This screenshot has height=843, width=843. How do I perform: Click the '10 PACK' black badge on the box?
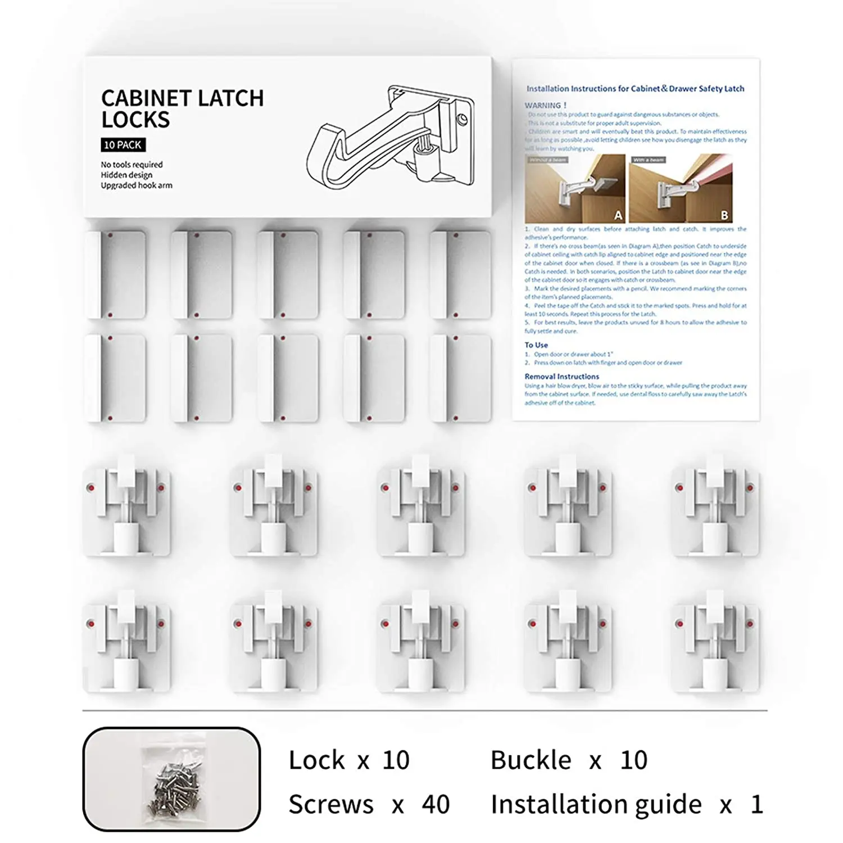[123, 145]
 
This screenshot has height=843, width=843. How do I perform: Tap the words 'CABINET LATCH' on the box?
[182, 98]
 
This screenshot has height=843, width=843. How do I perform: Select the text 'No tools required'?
[132, 165]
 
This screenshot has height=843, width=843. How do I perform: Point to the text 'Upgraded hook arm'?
[137, 185]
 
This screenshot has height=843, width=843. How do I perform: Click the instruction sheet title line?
[635, 89]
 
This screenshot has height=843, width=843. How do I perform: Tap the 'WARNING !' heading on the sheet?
[546, 105]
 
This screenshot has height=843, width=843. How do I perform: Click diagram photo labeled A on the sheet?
[575, 189]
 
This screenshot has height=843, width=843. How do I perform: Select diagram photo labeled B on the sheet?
[681, 189]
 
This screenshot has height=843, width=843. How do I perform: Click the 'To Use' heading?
[536, 345]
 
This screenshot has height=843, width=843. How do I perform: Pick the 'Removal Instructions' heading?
[561, 377]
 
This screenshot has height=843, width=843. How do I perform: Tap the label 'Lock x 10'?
[349, 760]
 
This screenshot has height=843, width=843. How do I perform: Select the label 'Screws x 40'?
[369, 805]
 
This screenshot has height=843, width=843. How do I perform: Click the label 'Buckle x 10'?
[569, 760]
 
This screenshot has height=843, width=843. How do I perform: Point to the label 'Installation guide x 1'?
[627, 805]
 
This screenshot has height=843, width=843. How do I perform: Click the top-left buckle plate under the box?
[115, 275]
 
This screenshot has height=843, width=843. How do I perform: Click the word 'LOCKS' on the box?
[135, 120]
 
